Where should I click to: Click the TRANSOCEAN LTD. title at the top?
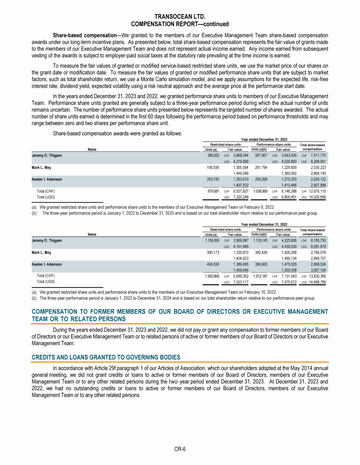[180, 17]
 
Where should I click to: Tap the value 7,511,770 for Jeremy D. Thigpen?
[317, 155]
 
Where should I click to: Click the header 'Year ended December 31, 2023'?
[264, 139]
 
